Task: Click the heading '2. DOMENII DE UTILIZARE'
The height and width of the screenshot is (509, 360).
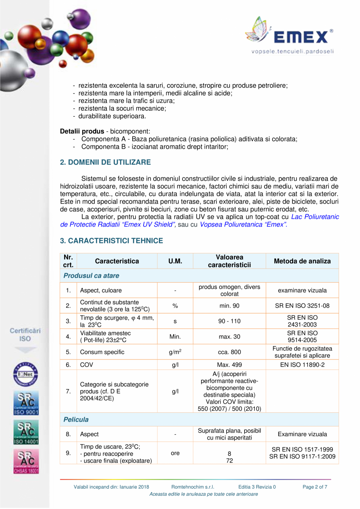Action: [x=105, y=162]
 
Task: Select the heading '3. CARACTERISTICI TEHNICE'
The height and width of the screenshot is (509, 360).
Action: [x=111, y=241]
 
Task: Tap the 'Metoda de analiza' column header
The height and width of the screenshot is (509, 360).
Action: [x=302, y=261]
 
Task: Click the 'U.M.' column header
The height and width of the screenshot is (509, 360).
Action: [x=175, y=261]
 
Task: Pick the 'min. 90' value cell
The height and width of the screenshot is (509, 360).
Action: [x=229, y=306]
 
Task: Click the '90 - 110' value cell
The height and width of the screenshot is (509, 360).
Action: [x=229, y=321]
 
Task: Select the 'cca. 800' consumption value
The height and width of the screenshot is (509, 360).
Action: [x=229, y=352]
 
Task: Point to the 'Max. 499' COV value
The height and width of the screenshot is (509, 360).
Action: [x=229, y=365]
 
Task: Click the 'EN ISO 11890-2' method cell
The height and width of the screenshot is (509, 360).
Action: [x=302, y=365]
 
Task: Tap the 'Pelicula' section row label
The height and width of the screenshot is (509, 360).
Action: [x=76, y=419]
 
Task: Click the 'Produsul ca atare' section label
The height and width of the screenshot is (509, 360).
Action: [x=92, y=275]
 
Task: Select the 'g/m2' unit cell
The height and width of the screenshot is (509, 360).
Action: [x=175, y=352]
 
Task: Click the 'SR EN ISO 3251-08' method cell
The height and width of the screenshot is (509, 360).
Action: [x=302, y=306]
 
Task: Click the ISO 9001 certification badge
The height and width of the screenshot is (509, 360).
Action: [x=25, y=403]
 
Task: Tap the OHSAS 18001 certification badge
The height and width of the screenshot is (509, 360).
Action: [x=25, y=461]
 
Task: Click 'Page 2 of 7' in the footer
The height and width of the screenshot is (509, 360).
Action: [x=315, y=487]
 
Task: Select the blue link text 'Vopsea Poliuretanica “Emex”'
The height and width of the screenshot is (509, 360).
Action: [x=243, y=225]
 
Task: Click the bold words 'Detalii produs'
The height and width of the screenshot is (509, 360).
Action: [x=82, y=131]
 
